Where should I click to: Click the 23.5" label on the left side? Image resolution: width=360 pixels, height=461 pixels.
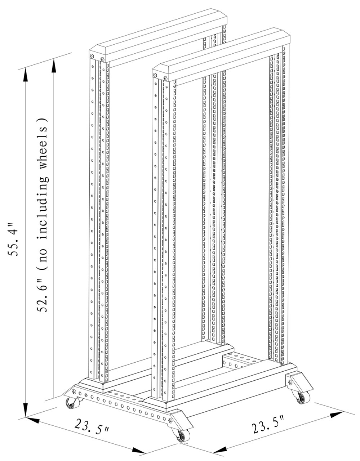point(92,427)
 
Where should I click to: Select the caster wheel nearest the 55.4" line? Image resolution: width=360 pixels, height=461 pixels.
point(71,403)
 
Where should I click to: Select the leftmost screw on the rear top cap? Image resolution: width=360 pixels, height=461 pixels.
point(92,56)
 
